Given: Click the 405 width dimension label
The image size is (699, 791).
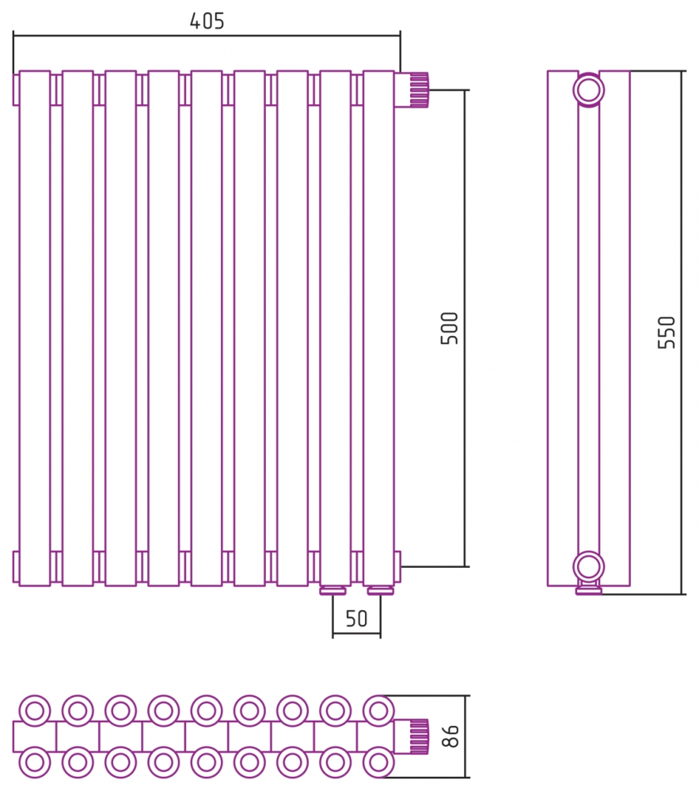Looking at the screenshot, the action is click(207, 21).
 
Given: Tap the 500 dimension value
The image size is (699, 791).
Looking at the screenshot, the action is click(449, 328).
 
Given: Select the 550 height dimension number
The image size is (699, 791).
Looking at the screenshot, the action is click(667, 332).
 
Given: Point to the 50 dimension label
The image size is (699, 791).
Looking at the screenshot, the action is click(356, 619).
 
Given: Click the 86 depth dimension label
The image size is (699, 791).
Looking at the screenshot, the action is click(450, 736).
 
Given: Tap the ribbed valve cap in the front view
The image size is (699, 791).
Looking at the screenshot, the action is click(419, 90).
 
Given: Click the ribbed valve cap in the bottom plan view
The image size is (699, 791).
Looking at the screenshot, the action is click(419, 736).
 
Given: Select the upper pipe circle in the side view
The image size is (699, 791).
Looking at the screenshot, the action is click(588, 90).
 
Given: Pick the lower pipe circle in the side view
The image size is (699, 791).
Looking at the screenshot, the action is click(588, 566).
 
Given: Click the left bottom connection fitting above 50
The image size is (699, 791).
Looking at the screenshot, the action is click(332, 590).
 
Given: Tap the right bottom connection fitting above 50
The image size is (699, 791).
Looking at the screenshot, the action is click(381, 590).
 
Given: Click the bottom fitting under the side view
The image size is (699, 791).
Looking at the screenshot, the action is click(589, 589).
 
